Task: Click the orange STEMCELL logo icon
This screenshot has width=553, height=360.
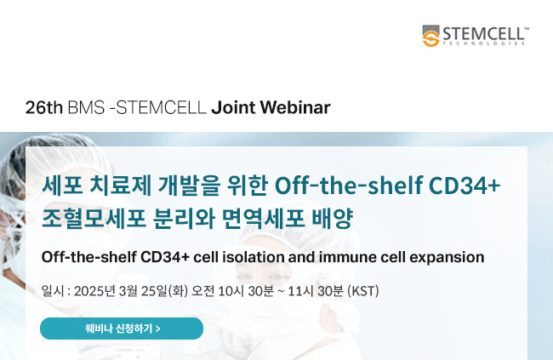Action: (430, 36)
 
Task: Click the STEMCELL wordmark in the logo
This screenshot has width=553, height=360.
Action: (484, 34)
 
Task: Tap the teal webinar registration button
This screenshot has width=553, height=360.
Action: (122, 329)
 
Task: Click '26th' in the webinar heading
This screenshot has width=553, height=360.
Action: (44, 107)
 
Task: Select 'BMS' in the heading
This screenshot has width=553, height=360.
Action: (86, 107)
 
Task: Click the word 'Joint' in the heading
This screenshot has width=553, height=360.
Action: (233, 107)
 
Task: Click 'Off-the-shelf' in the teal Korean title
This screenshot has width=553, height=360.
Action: (349, 185)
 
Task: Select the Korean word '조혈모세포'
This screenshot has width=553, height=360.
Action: (94, 218)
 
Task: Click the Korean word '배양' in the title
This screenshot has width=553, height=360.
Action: (332, 218)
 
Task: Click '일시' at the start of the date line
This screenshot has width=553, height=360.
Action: (53, 291)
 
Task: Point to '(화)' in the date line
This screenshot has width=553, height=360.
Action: (178, 291)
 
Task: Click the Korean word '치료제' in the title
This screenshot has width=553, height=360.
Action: (121, 185)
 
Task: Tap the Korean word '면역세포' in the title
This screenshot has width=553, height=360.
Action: (264, 218)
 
